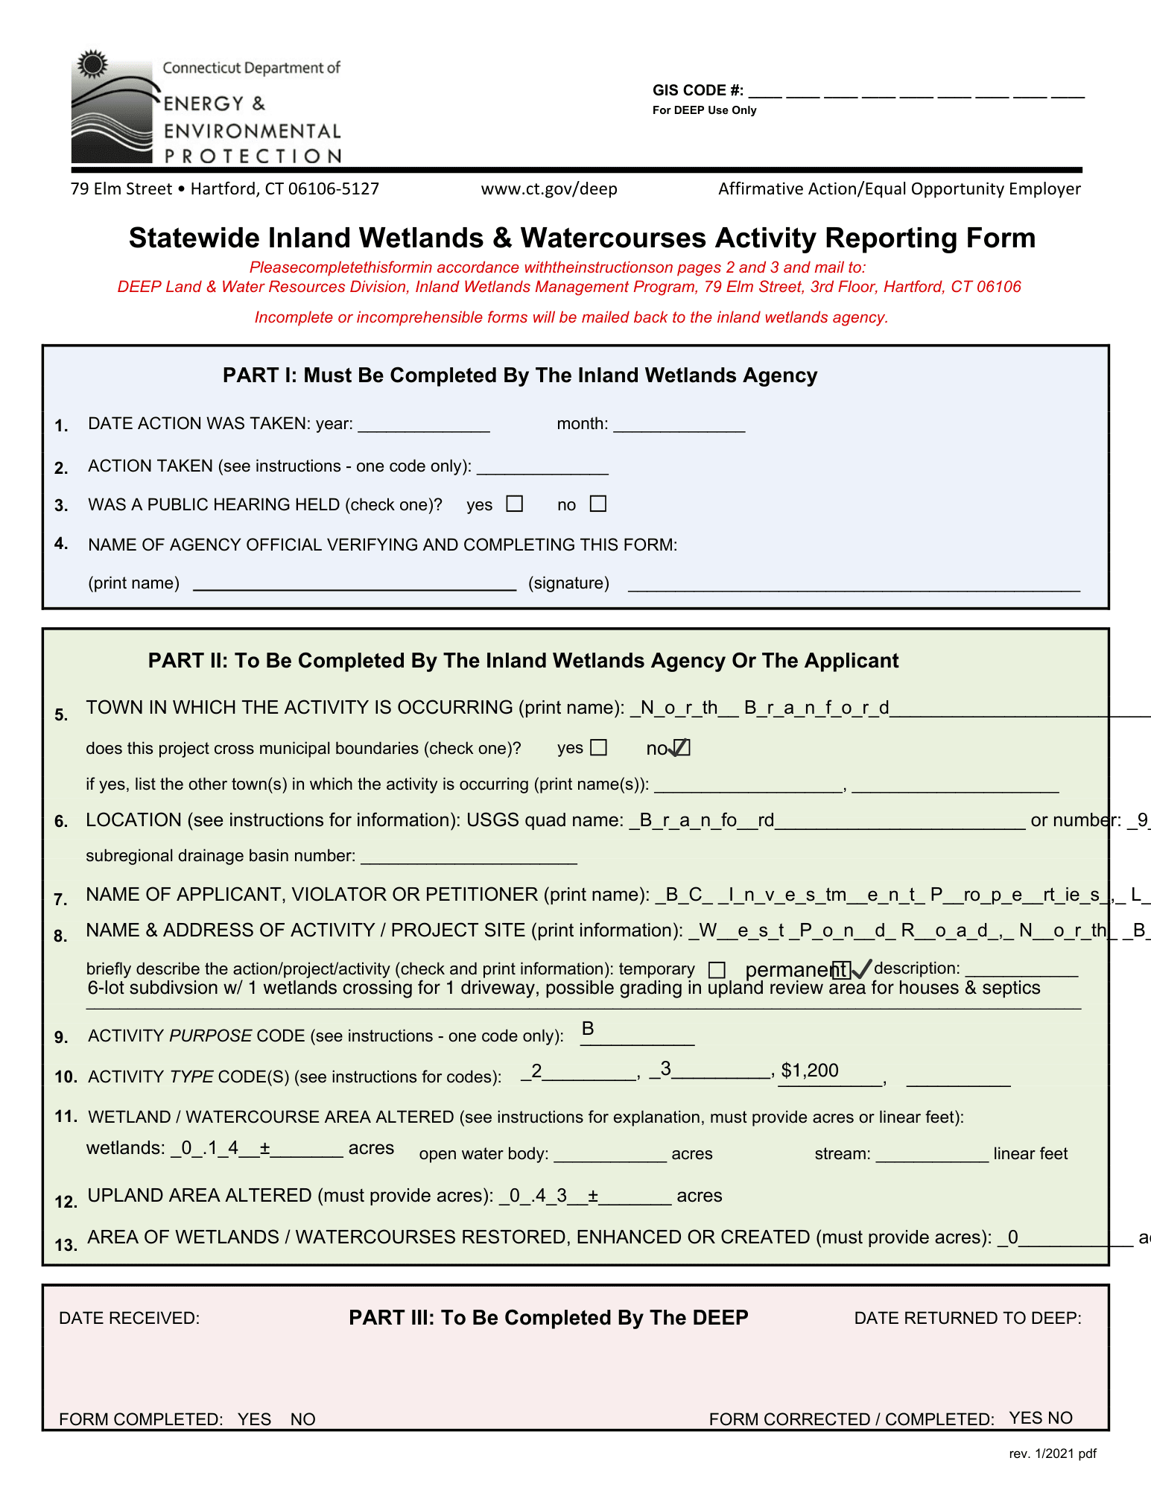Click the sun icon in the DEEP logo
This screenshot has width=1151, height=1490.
click(x=93, y=65)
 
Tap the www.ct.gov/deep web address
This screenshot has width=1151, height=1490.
click(x=549, y=189)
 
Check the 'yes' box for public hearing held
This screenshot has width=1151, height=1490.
click(x=515, y=504)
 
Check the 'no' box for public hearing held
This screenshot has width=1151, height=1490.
click(x=597, y=504)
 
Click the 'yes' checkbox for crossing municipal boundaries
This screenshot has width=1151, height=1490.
click(x=599, y=747)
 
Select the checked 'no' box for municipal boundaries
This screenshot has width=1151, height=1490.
click(x=682, y=747)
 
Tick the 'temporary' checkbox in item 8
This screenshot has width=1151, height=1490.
click(x=717, y=969)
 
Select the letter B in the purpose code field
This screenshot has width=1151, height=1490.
click(x=588, y=1029)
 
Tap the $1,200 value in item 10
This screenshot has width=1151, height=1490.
click(x=810, y=1071)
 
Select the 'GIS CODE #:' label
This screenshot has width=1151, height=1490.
click(x=698, y=91)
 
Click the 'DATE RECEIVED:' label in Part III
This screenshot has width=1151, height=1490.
click(x=129, y=1318)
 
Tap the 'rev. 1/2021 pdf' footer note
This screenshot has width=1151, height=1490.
click(x=1053, y=1453)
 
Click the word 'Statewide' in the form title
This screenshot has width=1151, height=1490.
click(x=194, y=238)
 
